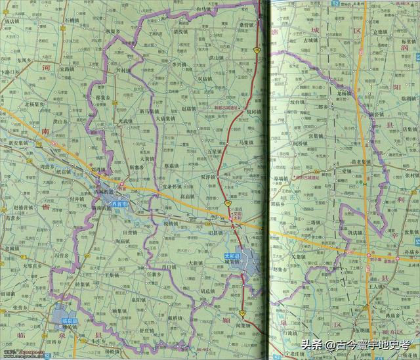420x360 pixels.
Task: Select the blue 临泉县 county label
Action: [x=68, y=320]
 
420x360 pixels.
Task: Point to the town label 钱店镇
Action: [x=12, y=22]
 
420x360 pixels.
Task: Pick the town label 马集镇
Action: [x=245, y=141]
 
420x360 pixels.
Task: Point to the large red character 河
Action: [x=45, y=68]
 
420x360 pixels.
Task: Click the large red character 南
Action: [x=45, y=132]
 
